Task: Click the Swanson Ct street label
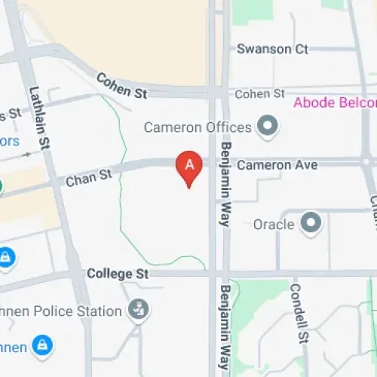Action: pyautogui.click(x=272, y=49)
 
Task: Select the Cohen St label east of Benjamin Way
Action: pyautogui.click(x=259, y=94)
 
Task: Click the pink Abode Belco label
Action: pyautogui.click(x=334, y=103)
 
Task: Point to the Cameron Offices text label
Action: pyautogui.click(x=198, y=126)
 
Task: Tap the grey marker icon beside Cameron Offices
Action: pyautogui.click(x=266, y=126)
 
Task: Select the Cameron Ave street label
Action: pyautogui.click(x=277, y=164)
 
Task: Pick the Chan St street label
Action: pyautogui.click(x=88, y=179)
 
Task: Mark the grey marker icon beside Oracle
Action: pyautogui.click(x=310, y=223)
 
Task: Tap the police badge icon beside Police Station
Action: pyautogui.click(x=138, y=309)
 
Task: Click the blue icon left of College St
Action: pyautogui.click(x=6, y=258)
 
